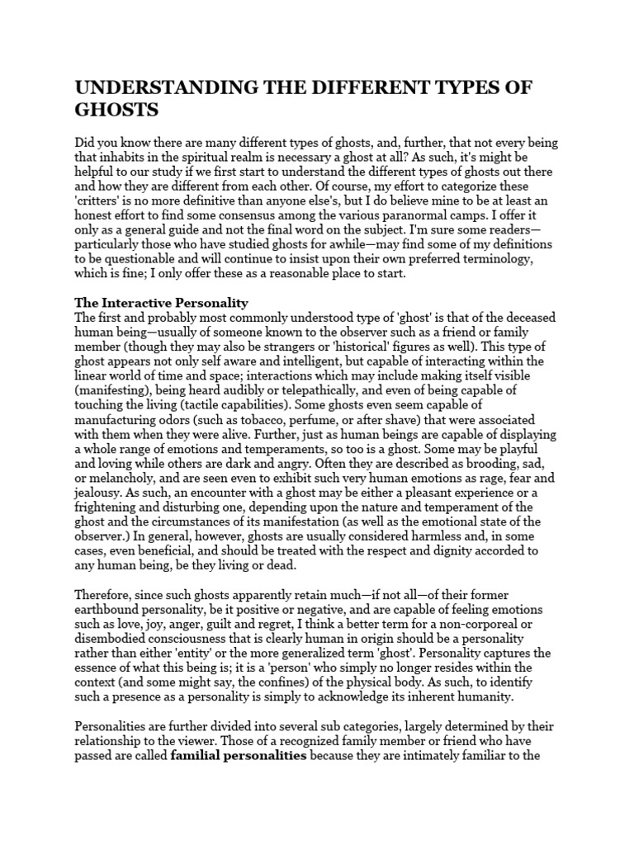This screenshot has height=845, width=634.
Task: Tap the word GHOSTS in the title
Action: pyautogui.click(x=116, y=110)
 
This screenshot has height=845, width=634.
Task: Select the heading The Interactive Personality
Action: pyautogui.click(x=161, y=303)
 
